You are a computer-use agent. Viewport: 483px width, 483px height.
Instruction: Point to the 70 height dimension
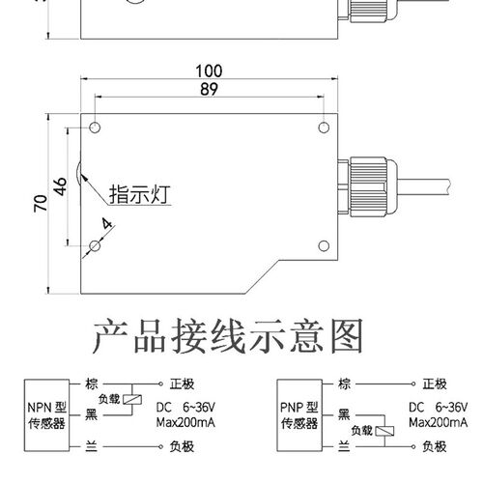(x=40, y=204)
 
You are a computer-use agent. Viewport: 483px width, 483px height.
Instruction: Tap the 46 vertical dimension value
(x=59, y=187)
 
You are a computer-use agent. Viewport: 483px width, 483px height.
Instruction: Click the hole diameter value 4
(x=106, y=228)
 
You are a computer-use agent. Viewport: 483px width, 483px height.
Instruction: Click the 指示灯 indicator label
(x=139, y=192)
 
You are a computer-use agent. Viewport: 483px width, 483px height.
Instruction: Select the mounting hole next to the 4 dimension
(x=96, y=248)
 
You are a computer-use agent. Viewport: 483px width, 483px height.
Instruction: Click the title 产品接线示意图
(x=230, y=337)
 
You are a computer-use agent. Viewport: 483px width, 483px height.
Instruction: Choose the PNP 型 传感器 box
(x=298, y=413)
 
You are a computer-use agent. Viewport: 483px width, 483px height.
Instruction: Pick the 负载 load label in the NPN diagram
(x=110, y=398)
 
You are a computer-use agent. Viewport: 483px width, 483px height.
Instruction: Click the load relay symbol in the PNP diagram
(x=384, y=430)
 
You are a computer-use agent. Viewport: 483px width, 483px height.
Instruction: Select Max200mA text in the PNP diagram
(x=437, y=423)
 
